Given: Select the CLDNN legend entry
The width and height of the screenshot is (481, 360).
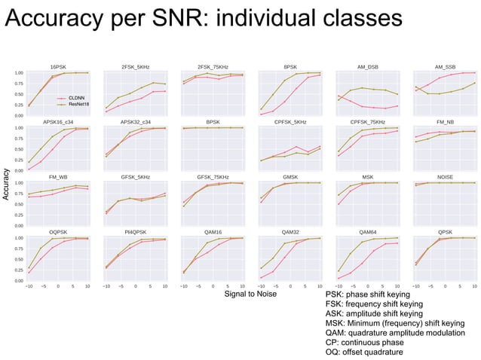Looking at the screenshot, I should [x=76, y=98].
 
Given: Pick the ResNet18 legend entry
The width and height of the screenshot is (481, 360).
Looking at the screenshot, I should [x=78, y=104].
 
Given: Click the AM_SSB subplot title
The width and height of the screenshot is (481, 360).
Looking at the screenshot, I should [x=445, y=67].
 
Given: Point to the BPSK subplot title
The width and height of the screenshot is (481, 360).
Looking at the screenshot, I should [x=213, y=122].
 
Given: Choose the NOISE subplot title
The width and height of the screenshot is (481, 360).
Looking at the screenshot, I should [x=445, y=177].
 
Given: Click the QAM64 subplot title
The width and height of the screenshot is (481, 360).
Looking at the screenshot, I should [x=368, y=232].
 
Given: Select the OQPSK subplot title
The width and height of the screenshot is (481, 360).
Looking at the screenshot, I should [x=59, y=232].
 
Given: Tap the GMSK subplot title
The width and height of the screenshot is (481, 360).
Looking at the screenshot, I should [x=290, y=177].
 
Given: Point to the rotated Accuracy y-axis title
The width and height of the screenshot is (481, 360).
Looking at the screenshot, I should [x=7, y=183].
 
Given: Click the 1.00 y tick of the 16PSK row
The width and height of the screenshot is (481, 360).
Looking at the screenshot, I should [x=19, y=73].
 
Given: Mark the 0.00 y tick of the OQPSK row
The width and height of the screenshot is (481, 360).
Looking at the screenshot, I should [x=19, y=281].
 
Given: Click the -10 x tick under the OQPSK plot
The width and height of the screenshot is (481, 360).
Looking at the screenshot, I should [x=29, y=286].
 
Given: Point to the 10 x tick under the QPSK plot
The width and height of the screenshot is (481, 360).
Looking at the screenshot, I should [x=474, y=286].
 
